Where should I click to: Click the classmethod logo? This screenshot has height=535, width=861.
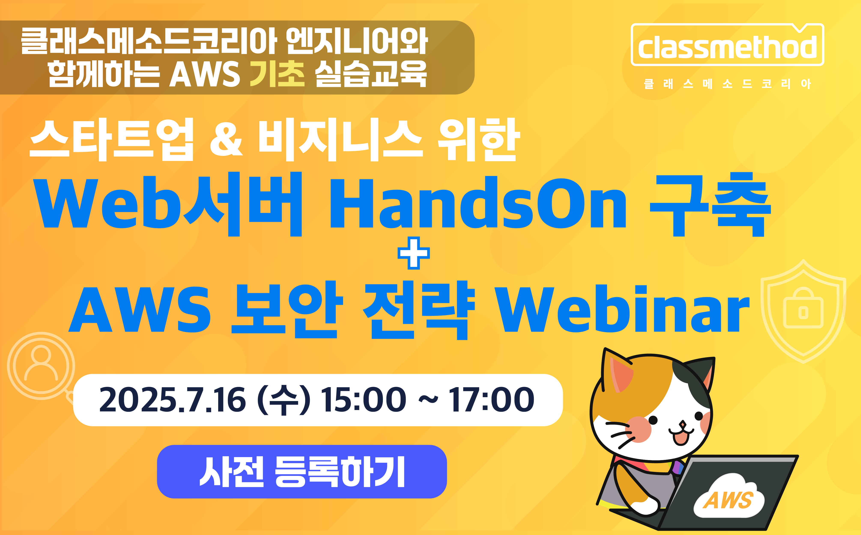tap(728, 45)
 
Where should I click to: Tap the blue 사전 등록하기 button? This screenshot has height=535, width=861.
tap(302, 471)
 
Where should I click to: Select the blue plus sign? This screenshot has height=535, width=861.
tap(413, 253)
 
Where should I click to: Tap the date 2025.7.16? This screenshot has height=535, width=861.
tap(172, 400)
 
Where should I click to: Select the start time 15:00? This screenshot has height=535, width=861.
tap(364, 400)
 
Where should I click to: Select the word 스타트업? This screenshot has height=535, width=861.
tap(112, 140)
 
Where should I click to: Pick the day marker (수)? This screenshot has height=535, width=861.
tap(284, 400)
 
